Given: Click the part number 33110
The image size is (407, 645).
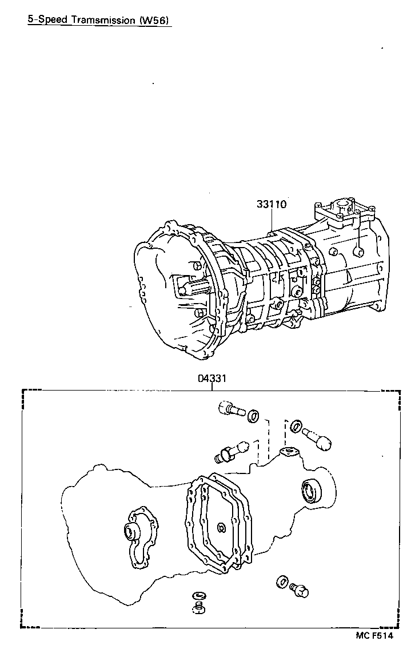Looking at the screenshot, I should coord(271,204).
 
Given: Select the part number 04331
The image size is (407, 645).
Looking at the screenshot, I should coord(213,379).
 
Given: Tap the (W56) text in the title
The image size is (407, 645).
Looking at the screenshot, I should coord(154,19).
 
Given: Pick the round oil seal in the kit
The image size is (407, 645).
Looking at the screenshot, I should coord(311,489).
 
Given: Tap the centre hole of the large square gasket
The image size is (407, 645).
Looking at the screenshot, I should coord(221,527).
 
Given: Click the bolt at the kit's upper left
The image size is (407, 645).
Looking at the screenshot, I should coord(230,409).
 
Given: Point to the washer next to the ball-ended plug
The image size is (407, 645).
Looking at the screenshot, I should coord(296,426).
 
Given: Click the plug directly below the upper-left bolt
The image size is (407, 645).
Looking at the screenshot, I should coord(229,451).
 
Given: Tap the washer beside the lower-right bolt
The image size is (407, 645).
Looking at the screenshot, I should coord(282,582).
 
